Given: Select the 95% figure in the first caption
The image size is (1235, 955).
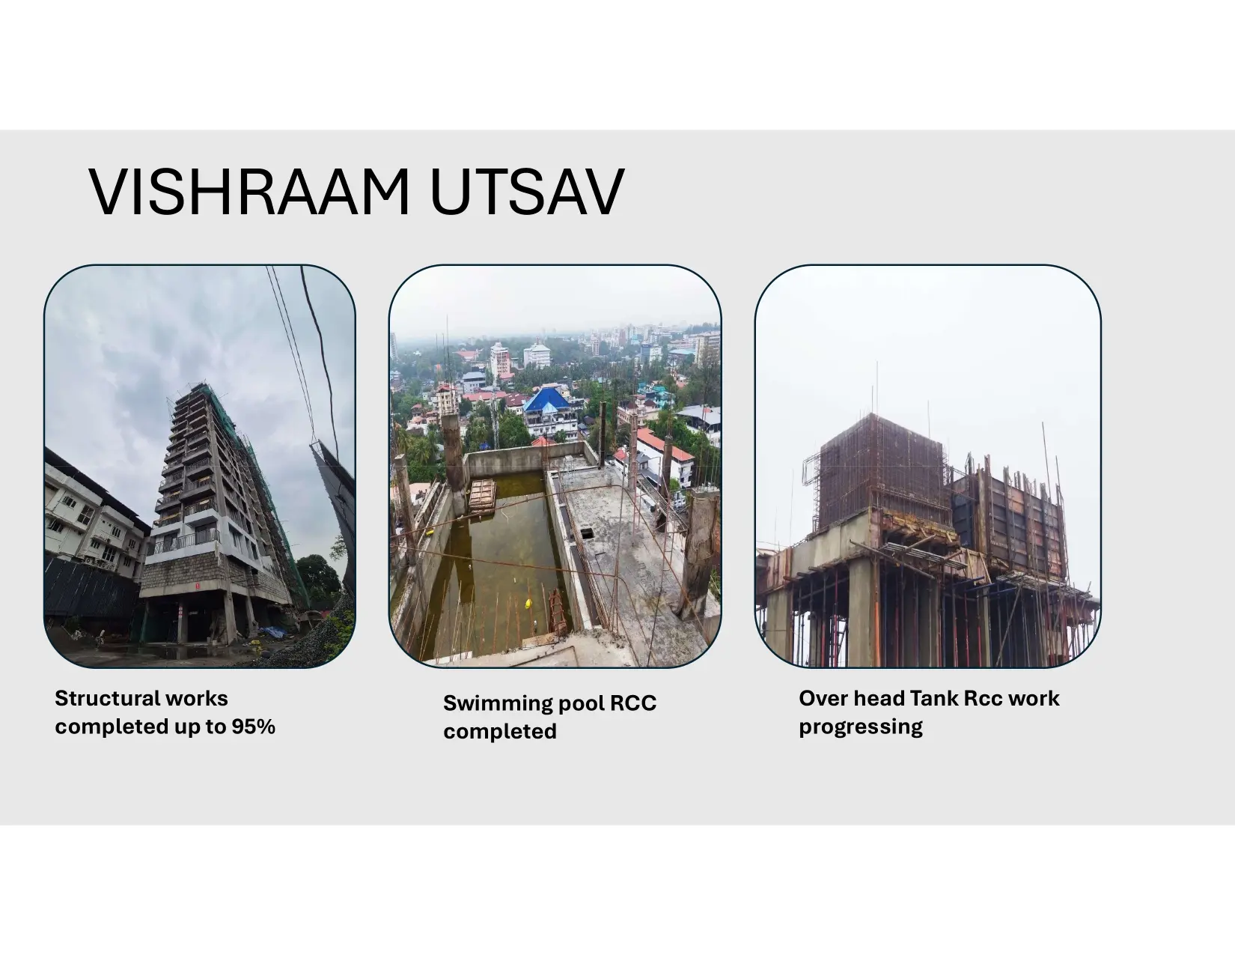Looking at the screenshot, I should [254, 727].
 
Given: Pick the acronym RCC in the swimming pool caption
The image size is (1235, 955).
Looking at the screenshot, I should [633, 703].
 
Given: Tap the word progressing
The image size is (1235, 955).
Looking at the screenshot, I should [860, 727].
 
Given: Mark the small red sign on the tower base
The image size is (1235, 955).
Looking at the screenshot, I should [198, 586].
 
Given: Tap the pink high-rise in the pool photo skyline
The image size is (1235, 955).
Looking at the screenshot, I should [500, 360].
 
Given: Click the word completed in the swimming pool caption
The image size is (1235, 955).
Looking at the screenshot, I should [499, 731].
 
